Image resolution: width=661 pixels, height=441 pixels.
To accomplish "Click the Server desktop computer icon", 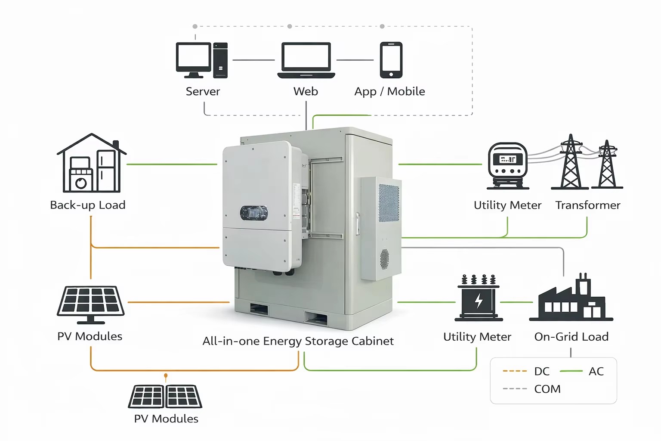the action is pyautogui.click(x=201, y=60).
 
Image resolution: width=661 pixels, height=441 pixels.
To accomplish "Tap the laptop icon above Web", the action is pyautogui.click(x=306, y=60).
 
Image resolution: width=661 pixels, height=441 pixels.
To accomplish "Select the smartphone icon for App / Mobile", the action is pyautogui.click(x=391, y=60).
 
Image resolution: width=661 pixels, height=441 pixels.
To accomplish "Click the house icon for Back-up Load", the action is pyautogui.click(x=92, y=163).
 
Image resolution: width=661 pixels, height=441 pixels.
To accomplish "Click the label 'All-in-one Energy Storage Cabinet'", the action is pyautogui.click(x=298, y=341).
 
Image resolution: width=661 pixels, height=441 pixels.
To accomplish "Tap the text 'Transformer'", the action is pyautogui.click(x=588, y=205).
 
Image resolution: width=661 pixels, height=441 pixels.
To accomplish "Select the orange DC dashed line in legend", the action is pyautogui.click(x=515, y=371).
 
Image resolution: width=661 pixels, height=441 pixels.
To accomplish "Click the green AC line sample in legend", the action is pyautogui.click(x=571, y=371).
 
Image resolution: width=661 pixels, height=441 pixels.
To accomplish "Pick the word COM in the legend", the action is pyautogui.click(x=547, y=389).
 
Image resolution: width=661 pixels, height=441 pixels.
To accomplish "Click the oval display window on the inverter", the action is pyautogui.click(x=254, y=213).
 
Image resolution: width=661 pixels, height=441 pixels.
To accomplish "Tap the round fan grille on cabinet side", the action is pyautogui.click(x=384, y=259).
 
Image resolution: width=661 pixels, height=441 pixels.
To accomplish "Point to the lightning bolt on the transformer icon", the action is pyautogui.click(x=479, y=301).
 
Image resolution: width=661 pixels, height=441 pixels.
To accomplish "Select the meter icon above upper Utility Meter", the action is pyautogui.click(x=507, y=166).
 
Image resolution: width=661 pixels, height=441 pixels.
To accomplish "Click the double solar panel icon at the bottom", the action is pyautogui.click(x=165, y=397).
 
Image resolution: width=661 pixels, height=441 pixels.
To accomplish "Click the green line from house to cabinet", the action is pyautogui.click(x=172, y=164).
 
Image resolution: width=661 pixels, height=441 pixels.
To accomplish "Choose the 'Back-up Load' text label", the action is pyautogui.click(x=88, y=205).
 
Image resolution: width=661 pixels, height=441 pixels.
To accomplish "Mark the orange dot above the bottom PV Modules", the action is pyautogui.click(x=166, y=376).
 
